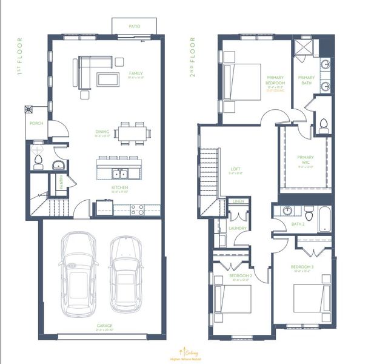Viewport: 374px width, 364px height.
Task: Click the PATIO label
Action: click(134, 27)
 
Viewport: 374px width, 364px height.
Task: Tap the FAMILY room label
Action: click(135, 73)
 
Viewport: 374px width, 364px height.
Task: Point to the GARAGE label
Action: click(104, 326)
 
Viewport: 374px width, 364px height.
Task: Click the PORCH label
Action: click(36, 123)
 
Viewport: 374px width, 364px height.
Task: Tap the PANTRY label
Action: click(61, 181)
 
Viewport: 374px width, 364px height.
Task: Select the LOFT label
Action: click(236, 169)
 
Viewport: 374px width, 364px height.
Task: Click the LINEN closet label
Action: click(238, 201)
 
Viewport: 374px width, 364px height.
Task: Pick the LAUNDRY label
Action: click(236, 228)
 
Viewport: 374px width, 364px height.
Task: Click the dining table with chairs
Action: click(132, 132)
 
